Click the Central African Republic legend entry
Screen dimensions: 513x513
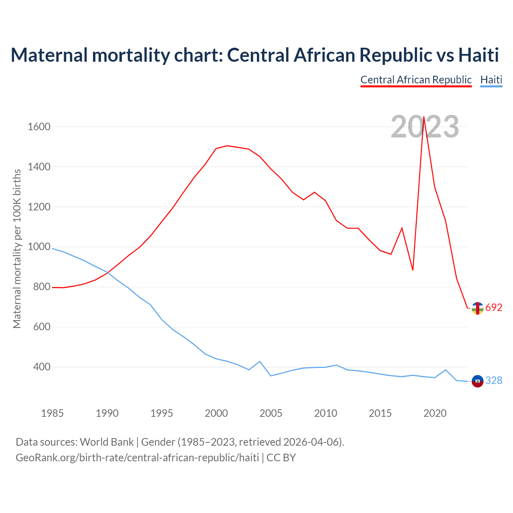(416, 80)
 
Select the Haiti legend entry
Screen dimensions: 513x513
(491, 80)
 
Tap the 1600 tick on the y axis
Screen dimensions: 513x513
(39, 127)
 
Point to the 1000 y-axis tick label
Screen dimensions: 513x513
(39, 247)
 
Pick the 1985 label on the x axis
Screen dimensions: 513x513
(53, 413)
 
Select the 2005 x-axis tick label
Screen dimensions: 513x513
(271, 413)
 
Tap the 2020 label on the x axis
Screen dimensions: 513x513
(435, 413)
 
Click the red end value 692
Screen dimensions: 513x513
(494, 308)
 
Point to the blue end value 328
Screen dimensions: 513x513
(494, 381)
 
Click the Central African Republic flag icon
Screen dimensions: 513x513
(477, 308)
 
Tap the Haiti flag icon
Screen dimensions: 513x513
(477, 381)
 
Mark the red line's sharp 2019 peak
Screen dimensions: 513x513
(424, 117)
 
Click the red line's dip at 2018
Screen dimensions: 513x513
(413, 270)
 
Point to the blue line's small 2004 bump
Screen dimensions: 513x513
(260, 362)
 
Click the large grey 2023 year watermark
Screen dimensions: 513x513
(425, 127)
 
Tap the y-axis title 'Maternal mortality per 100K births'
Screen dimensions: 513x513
(17, 248)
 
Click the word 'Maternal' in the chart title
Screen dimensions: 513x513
(49, 55)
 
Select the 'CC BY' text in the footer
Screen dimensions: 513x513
(281, 458)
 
